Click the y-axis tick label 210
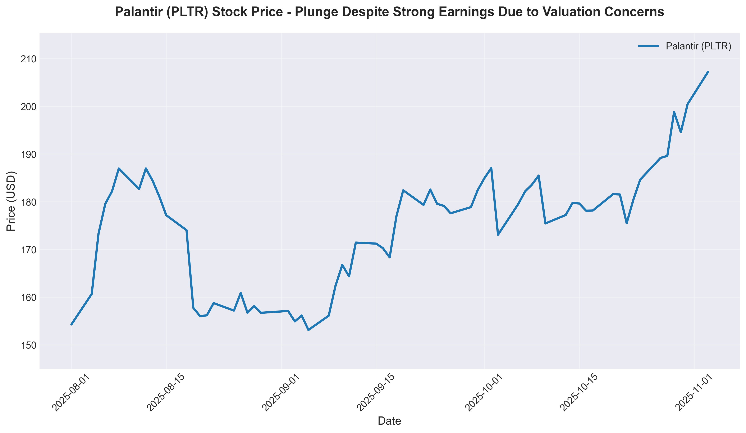(28, 59)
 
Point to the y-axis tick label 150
(28, 345)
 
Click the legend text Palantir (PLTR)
(698, 46)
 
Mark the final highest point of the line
(708, 72)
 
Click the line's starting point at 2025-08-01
(71, 325)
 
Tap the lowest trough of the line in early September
(308, 330)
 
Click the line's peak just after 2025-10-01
(491, 168)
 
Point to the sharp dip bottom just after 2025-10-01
(498, 235)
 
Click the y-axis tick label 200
(28, 107)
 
